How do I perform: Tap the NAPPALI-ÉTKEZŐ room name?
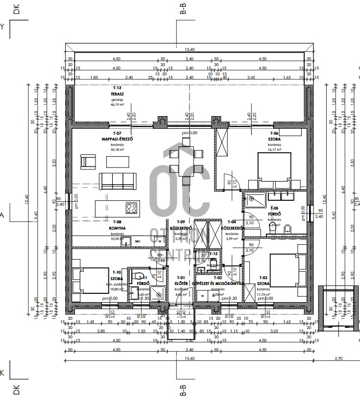117,139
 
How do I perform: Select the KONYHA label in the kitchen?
118,228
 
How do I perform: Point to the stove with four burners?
131,208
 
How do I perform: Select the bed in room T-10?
91,280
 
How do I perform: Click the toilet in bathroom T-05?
288,228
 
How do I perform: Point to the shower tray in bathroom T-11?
158,292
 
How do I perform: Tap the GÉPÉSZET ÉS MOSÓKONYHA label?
218,284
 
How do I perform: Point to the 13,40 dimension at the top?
190,49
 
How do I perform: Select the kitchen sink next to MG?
126,240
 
